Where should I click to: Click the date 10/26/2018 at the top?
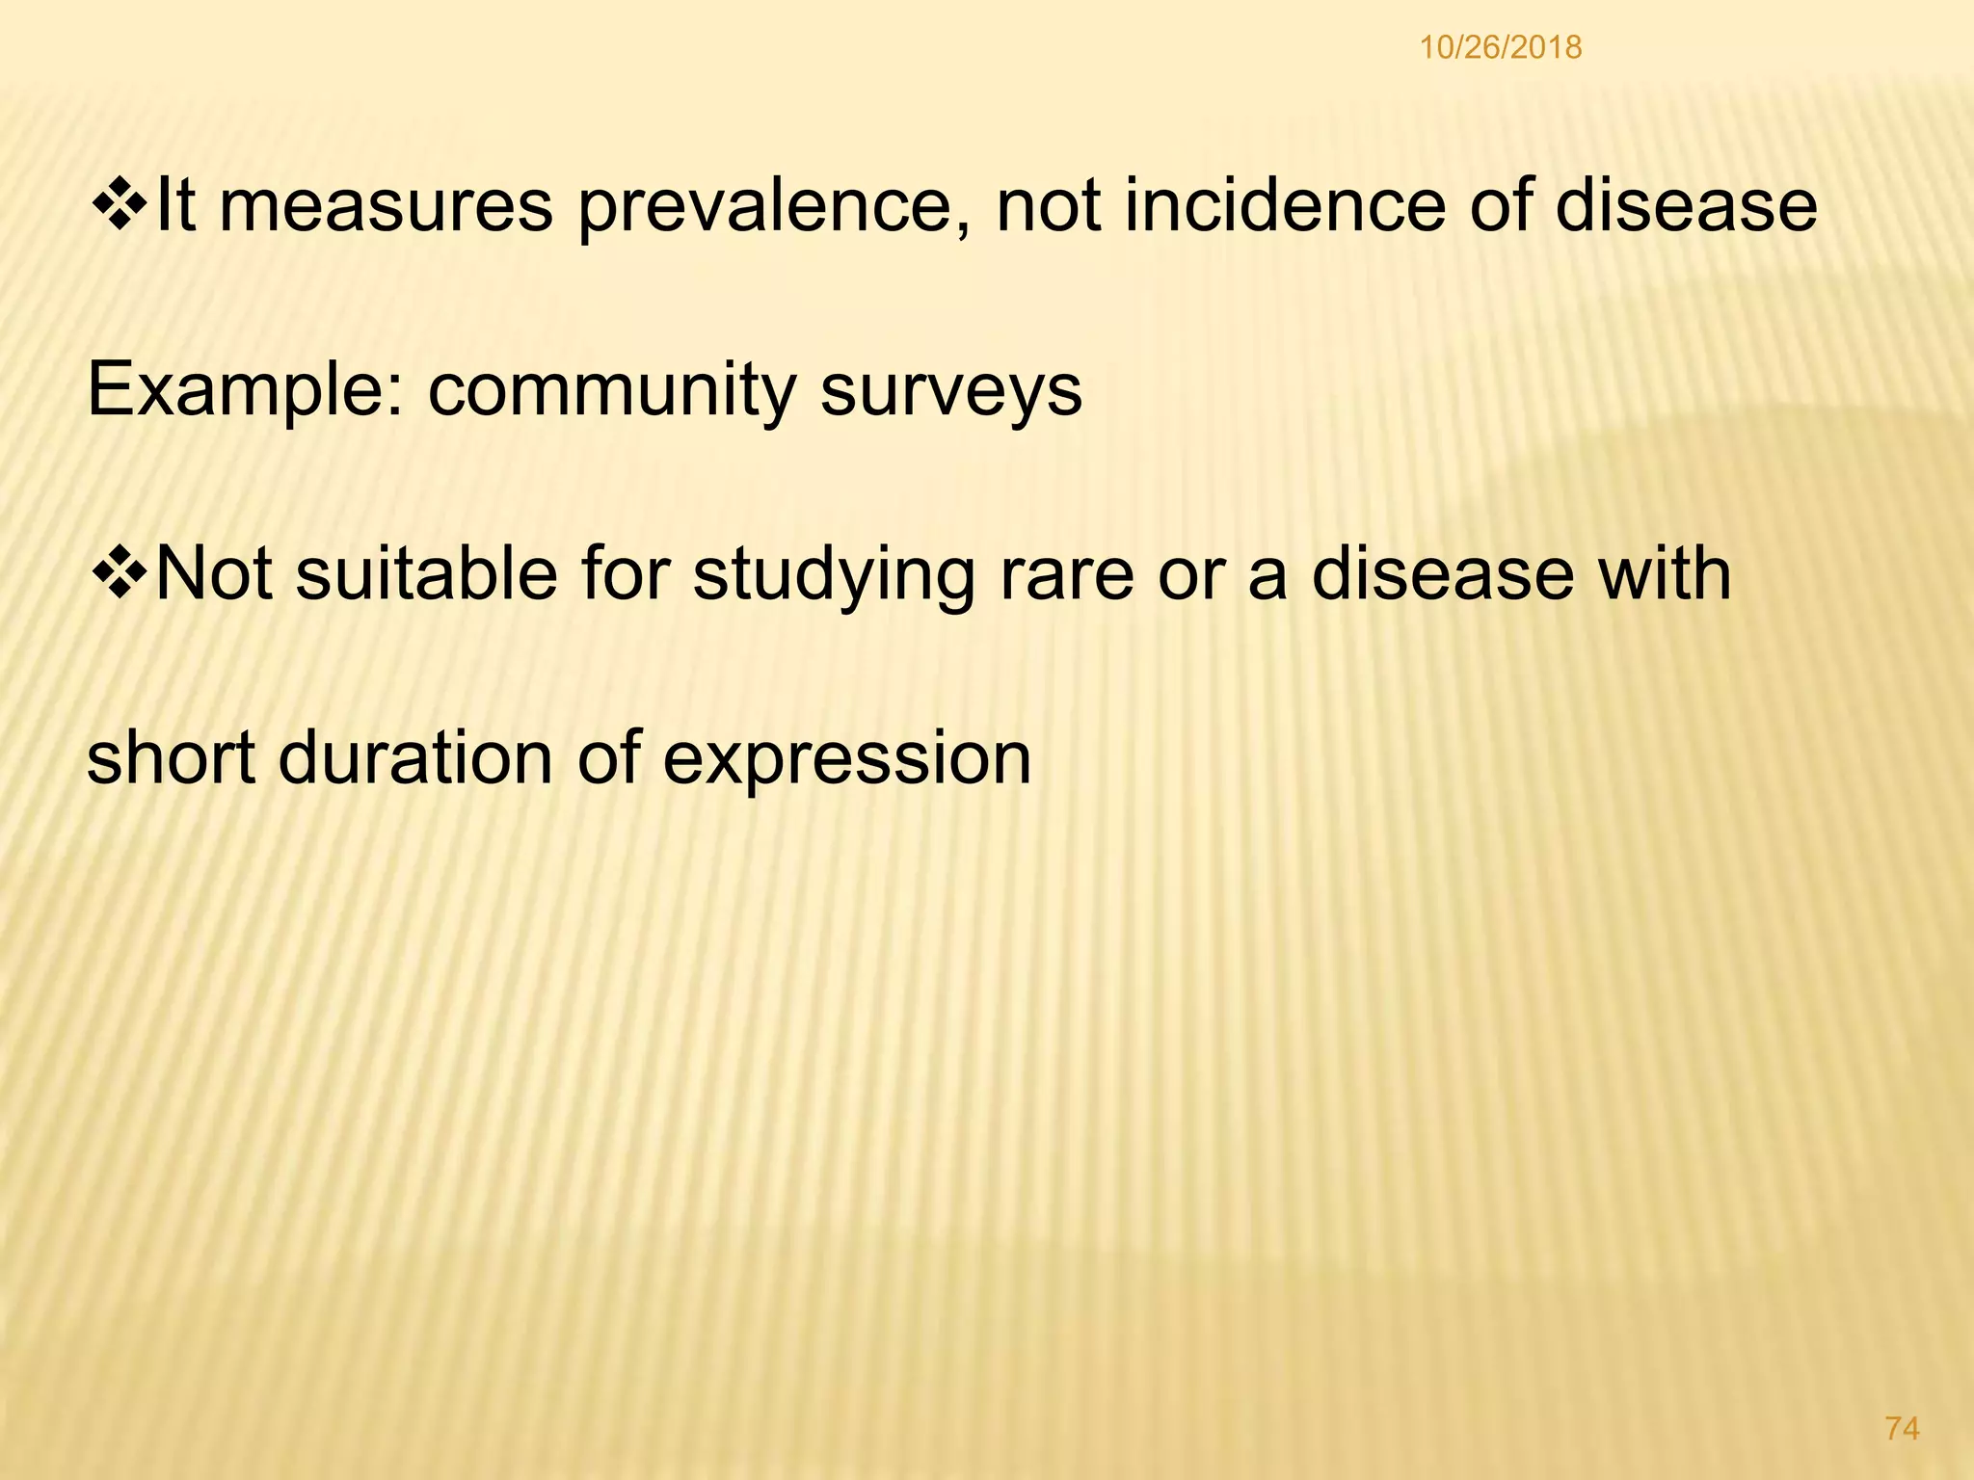point(1500,47)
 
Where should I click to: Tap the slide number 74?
point(1902,1429)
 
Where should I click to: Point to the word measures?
point(386,207)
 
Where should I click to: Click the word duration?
point(414,757)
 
